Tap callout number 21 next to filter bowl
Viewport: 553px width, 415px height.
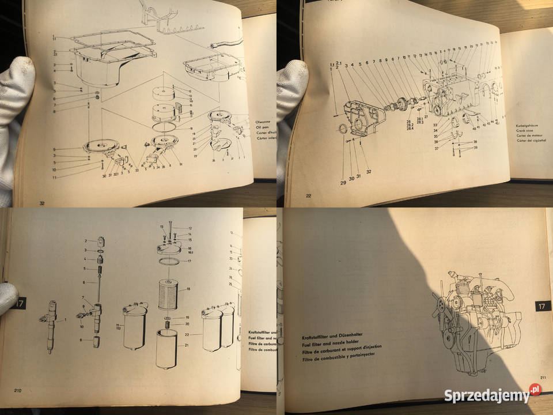click(187, 345)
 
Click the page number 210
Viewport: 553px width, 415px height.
click(18, 391)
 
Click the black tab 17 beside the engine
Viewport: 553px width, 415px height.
click(542, 306)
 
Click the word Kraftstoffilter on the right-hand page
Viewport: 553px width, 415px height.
click(320, 334)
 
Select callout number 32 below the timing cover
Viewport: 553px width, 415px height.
click(369, 172)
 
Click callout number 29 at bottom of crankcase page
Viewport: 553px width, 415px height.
click(343, 182)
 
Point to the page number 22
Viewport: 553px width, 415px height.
click(309, 196)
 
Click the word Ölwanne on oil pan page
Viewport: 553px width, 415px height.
click(263, 122)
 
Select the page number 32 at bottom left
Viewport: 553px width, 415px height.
click(41, 203)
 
